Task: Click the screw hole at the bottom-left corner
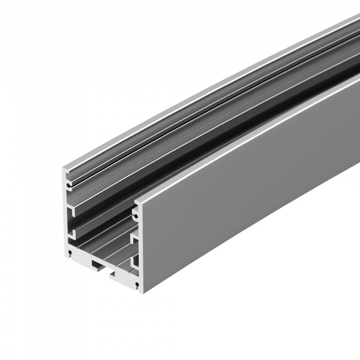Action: pyautogui.click(x=71, y=253)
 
